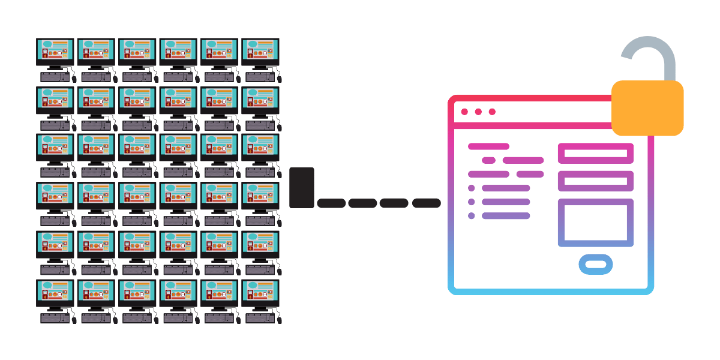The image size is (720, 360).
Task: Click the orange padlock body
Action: pos(647,108)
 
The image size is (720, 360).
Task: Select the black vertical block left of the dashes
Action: pos(302,188)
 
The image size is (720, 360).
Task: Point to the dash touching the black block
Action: pos(331,203)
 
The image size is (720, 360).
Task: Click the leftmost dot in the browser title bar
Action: pos(464,112)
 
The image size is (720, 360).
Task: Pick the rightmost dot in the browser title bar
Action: pos(493,112)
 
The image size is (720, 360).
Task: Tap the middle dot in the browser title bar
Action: pos(478,112)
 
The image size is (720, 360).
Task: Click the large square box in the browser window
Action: pos(596,223)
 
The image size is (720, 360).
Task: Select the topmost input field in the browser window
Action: pos(596,153)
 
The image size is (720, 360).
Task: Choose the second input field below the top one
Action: pos(596,181)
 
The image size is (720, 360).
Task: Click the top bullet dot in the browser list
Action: pos(471,188)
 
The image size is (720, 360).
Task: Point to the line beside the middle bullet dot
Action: pos(506,202)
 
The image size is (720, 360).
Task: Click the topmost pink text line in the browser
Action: pos(488,146)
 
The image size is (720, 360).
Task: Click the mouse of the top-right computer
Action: pos(279,78)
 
